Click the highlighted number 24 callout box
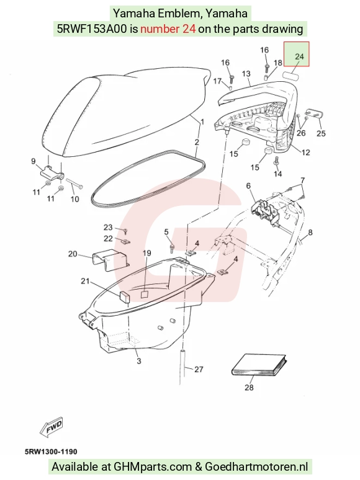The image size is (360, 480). (x=296, y=54)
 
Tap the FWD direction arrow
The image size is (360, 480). (x=52, y=426)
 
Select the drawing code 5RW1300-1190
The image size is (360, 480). (x=51, y=451)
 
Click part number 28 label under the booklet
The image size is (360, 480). (x=249, y=387)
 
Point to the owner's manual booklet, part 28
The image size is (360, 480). (x=259, y=365)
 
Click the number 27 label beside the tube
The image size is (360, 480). (x=199, y=369)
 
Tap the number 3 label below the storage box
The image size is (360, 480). (x=139, y=361)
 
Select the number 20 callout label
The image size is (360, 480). (x=73, y=254)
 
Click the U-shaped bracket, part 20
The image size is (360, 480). (x=110, y=260)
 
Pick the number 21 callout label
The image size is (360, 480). (x=85, y=281)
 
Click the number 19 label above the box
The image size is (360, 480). (x=146, y=253)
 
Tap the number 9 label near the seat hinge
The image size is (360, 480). (x=34, y=161)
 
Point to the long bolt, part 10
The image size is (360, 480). (x=74, y=183)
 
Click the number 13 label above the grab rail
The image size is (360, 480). (x=246, y=73)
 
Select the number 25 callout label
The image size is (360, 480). (x=321, y=133)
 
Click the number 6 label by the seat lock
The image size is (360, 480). (x=248, y=185)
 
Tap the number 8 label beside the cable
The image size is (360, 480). (x=310, y=233)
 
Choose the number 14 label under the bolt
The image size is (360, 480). (x=277, y=174)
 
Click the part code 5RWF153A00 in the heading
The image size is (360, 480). (x=92, y=29)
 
